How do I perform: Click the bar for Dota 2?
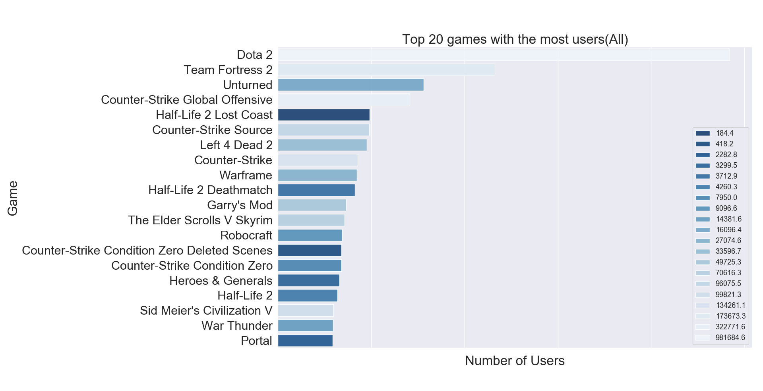(504, 55)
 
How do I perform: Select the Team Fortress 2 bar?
(386, 70)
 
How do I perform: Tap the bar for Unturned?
(351, 85)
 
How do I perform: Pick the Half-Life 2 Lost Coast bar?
(323, 115)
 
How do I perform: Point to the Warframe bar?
(317, 175)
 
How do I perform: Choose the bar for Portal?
(305, 341)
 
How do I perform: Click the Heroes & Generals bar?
(308, 281)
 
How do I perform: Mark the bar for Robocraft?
(310, 235)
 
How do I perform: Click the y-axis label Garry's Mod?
(240, 205)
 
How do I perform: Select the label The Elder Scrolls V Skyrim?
(200, 220)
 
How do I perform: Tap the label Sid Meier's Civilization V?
(206, 311)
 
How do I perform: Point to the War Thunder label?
(237, 326)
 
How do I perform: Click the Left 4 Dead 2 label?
(236, 145)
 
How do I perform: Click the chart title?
(515, 39)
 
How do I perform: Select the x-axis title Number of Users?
(515, 361)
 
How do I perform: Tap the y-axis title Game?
(13, 198)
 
